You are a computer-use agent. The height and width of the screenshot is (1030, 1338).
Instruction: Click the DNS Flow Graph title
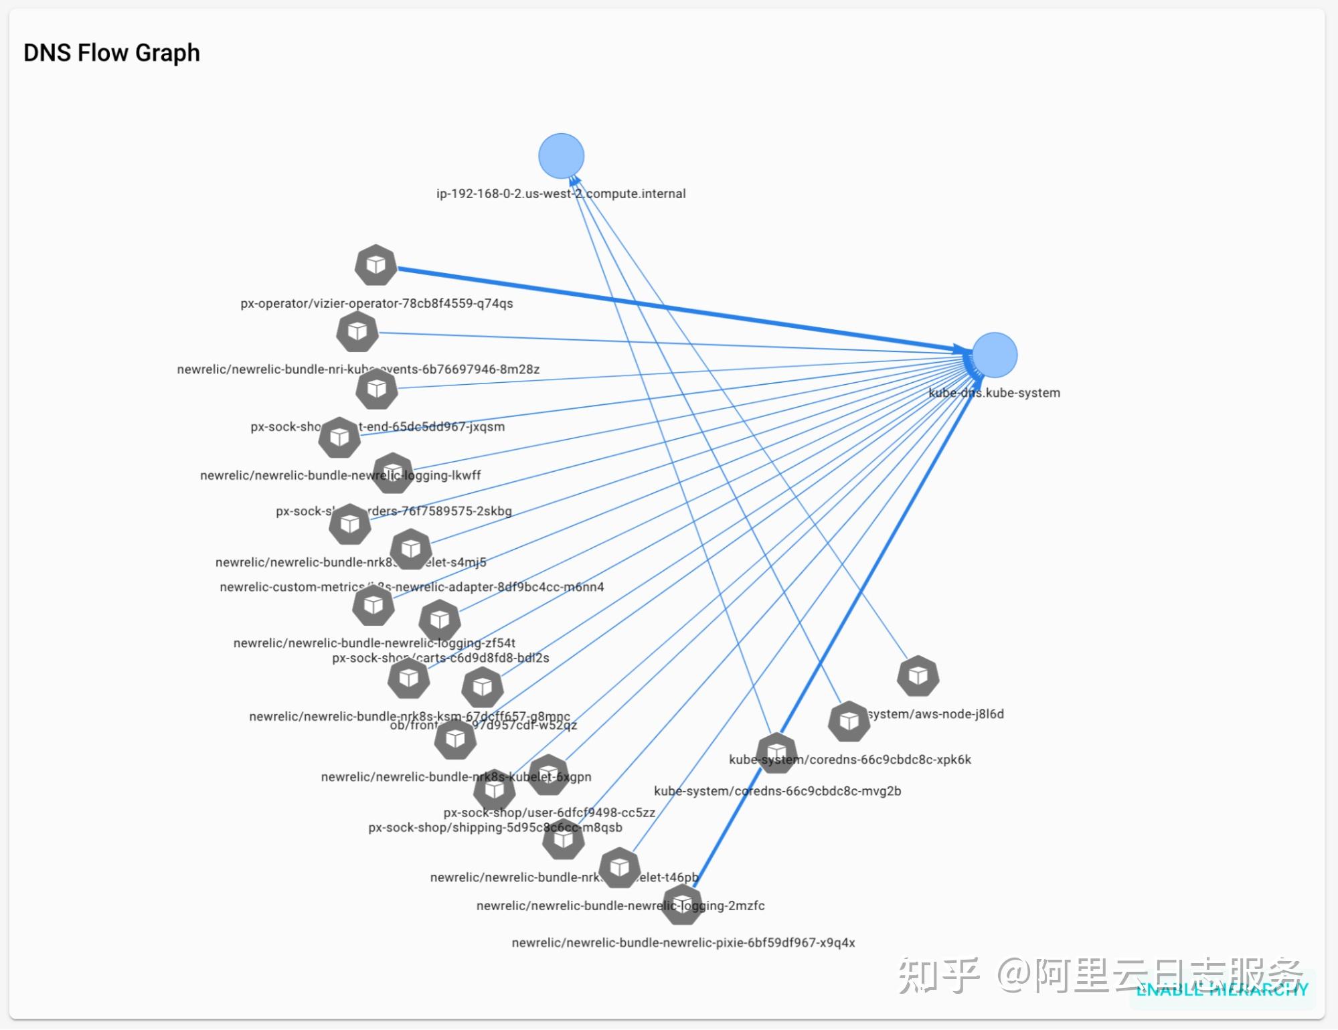click(x=111, y=53)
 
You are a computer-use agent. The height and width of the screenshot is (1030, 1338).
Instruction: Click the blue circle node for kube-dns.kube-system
click(x=994, y=355)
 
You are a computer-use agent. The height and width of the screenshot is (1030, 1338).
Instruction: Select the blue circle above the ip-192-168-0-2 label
click(x=561, y=156)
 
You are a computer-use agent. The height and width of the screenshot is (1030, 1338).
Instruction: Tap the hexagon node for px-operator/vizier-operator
click(x=375, y=265)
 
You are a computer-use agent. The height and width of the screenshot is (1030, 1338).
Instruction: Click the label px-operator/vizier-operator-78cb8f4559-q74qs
click(x=376, y=303)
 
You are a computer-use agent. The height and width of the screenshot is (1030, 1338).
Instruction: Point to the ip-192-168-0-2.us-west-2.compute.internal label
click(x=561, y=193)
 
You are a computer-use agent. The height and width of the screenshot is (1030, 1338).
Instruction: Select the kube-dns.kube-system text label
click(x=994, y=393)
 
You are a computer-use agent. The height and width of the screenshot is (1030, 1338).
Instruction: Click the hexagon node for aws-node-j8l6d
click(x=918, y=675)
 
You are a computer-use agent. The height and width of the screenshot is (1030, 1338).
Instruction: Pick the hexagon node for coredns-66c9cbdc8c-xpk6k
click(x=849, y=721)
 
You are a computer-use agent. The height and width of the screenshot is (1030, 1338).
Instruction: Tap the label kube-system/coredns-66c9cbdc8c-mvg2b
click(x=777, y=791)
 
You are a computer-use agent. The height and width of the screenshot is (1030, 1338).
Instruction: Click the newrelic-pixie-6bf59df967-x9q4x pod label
click(x=683, y=942)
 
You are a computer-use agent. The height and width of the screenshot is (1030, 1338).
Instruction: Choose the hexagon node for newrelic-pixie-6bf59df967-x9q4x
click(x=682, y=904)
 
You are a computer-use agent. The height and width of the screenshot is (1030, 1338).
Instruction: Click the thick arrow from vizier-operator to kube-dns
click(x=669, y=308)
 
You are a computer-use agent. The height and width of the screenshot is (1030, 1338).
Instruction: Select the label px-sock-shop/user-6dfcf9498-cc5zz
click(x=549, y=812)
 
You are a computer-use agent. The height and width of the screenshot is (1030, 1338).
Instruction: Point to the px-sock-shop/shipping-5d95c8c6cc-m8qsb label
click(x=495, y=828)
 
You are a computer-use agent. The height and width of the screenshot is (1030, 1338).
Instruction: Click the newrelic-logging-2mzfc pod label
click(x=620, y=906)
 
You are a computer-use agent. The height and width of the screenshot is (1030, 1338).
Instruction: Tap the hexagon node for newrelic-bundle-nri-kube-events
click(x=357, y=331)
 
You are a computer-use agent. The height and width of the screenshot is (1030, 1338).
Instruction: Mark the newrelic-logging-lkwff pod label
click(x=340, y=475)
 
